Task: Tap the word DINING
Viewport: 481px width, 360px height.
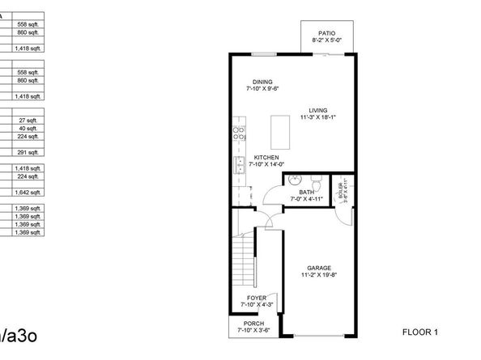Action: coord(262,82)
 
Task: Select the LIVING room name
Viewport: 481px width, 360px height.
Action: coord(317,110)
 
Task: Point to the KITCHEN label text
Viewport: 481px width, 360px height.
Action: coord(266,157)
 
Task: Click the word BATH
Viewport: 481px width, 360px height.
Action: coord(305,192)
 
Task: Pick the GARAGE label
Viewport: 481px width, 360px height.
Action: coord(319,268)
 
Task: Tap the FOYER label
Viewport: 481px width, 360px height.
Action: coord(257,298)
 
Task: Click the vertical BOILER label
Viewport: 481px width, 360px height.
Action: coord(341,191)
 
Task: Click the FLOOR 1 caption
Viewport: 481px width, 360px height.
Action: coord(419,332)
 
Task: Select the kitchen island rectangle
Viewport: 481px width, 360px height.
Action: coord(280,129)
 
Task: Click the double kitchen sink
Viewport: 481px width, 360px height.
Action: coord(240,166)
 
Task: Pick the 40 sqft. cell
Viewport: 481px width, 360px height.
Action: coord(28,128)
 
